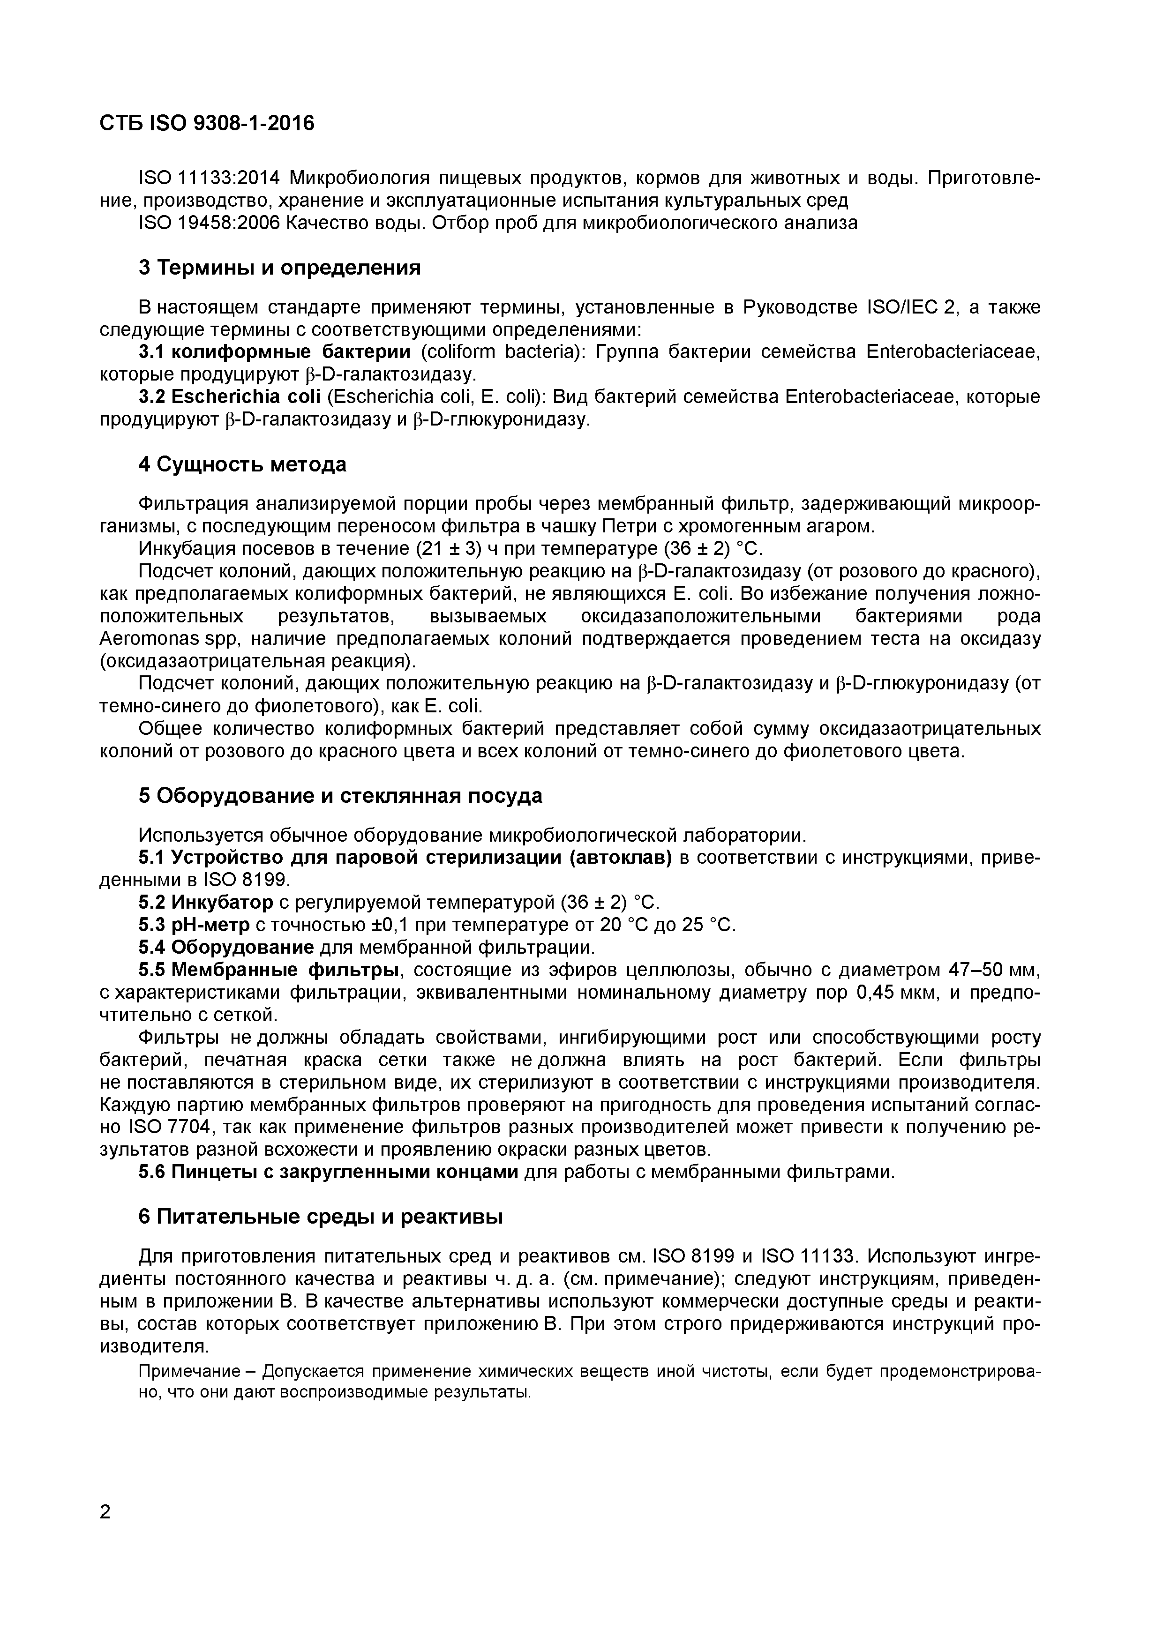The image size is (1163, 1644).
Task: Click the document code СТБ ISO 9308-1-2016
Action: [x=207, y=124]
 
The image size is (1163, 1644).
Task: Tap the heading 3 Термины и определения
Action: [x=279, y=268]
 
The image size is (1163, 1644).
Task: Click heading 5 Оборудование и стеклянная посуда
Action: [x=340, y=795]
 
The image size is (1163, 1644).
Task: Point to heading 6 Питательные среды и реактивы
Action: [x=320, y=1217]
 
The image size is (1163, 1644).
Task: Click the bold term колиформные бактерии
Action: [x=292, y=351]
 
